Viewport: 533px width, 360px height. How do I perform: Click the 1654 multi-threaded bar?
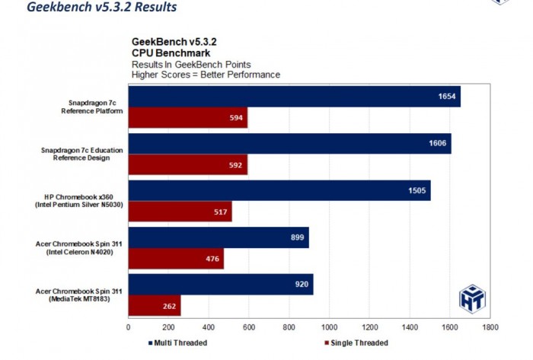click(294, 97)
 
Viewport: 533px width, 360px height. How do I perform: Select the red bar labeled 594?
click(187, 118)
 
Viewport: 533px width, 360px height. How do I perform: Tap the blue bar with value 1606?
click(289, 144)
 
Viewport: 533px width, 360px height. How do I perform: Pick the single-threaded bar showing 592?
click(187, 165)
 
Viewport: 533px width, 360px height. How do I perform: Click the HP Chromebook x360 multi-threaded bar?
click(279, 191)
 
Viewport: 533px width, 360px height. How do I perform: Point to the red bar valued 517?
click(180, 212)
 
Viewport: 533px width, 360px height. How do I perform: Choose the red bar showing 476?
click(176, 259)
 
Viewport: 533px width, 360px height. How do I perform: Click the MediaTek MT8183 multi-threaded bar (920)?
click(221, 285)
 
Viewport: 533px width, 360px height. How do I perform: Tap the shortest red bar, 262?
click(155, 306)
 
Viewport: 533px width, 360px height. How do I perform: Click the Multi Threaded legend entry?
click(179, 342)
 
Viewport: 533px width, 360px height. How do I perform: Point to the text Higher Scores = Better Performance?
click(206, 75)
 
